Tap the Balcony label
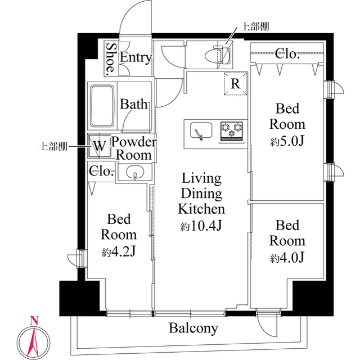pos(193,328)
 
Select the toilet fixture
pos(218,56)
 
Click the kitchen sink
pos(199,130)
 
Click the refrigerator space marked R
pos(236,85)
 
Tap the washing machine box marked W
pos(100,146)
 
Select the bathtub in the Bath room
pos(102,106)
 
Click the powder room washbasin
pos(135,173)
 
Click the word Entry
pos(136,57)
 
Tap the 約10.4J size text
pos(201,227)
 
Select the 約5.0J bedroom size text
pos(287,141)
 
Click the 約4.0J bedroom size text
pos(287,258)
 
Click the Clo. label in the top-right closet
pos(287,54)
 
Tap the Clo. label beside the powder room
pos(102,172)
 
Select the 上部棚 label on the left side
pos(53,147)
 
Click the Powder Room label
pos(133,148)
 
